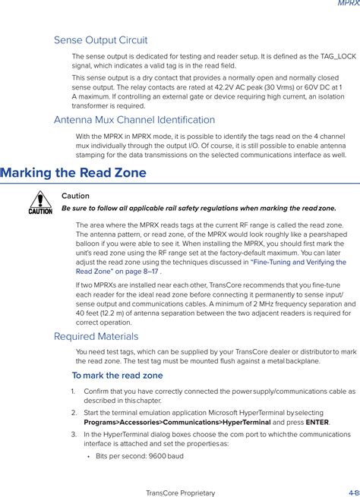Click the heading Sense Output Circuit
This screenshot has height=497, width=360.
pos(100,40)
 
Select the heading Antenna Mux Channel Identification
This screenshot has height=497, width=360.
pos(134,120)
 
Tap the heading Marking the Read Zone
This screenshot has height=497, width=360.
pos(74,173)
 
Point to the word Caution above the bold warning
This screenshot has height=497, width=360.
pos(75,196)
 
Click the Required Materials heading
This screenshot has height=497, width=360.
pos(96,336)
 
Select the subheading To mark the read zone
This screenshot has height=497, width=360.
pos(117,376)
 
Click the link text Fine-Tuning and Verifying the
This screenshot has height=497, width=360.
pos(298,262)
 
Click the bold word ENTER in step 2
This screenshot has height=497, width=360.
pos(317,423)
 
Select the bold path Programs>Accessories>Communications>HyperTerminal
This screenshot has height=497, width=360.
pos(176,423)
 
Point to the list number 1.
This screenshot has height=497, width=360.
pos(74,392)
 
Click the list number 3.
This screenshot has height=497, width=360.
pos(74,435)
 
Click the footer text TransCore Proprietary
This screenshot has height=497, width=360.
pos(180,492)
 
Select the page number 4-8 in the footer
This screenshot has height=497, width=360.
pos(353,492)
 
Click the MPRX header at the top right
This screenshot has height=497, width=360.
pos(349,4)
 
